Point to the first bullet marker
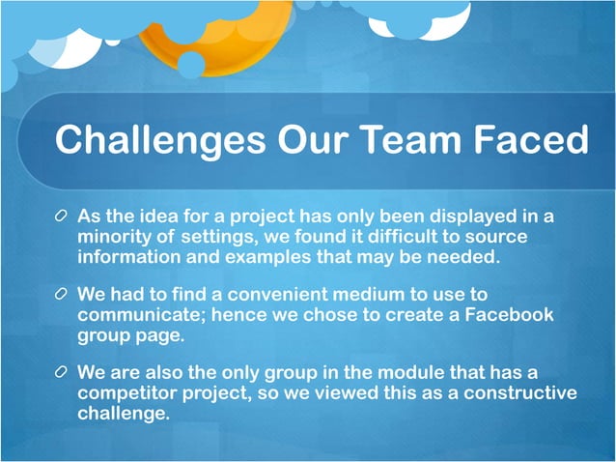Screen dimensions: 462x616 (62, 215)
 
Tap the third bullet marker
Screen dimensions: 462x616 (62, 372)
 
